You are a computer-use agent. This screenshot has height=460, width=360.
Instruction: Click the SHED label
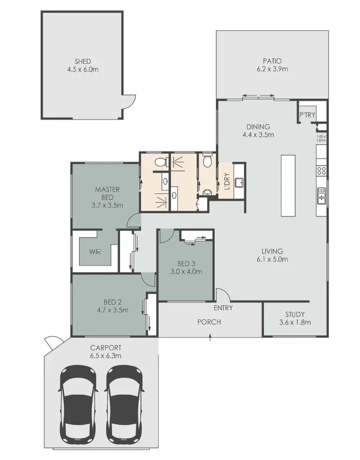[x=83, y=61]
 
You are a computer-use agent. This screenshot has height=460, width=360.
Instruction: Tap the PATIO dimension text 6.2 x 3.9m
[x=272, y=70]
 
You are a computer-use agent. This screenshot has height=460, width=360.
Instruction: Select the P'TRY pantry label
[x=307, y=115]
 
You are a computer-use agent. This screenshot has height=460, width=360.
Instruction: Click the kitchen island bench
[x=288, y=186]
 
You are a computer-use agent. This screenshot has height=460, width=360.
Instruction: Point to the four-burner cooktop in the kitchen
[x=320, y=171]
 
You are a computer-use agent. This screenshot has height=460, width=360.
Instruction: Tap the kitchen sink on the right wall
[x=321, y=195]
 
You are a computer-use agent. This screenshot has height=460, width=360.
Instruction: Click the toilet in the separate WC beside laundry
[x=206, y=160]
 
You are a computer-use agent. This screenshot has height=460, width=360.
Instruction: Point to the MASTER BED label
[x=107, y=193]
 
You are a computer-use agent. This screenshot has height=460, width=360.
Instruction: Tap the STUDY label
[x=294, y=314]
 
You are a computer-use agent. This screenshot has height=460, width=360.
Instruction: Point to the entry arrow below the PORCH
[x=210, y=339]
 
